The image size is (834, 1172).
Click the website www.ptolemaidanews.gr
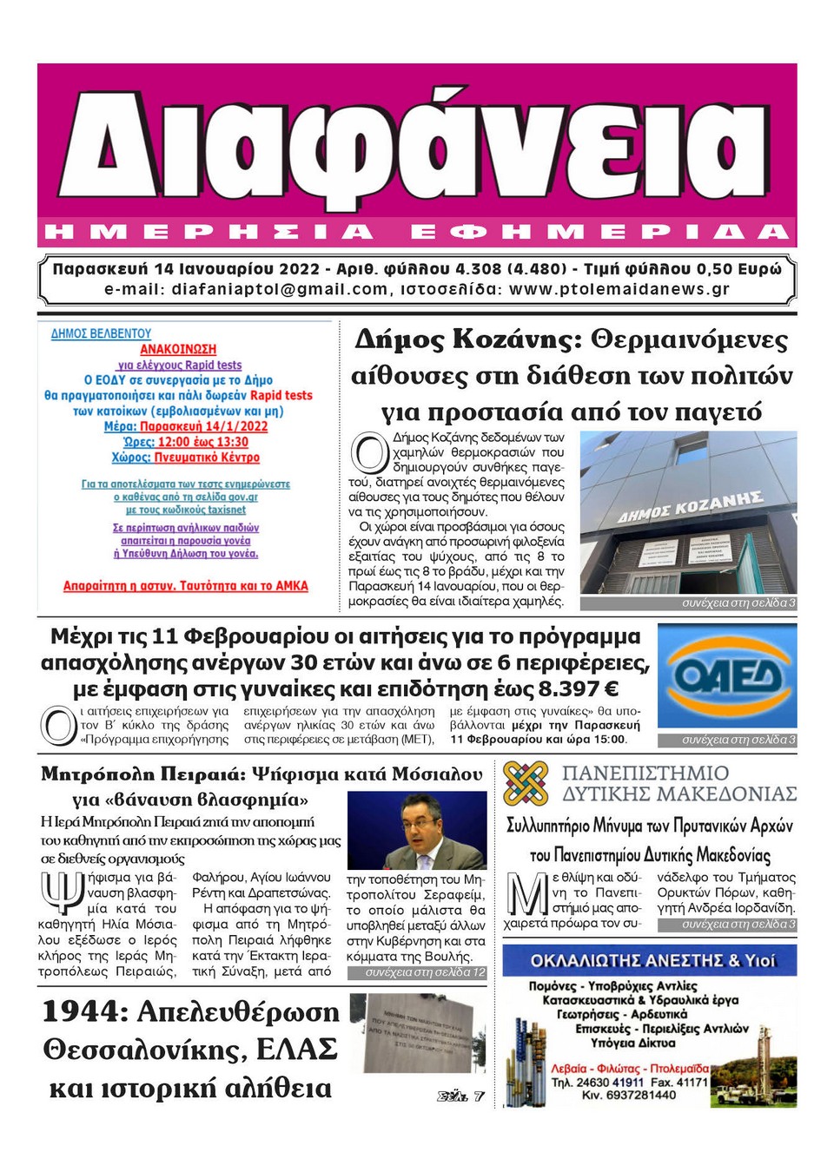tap(619, 289)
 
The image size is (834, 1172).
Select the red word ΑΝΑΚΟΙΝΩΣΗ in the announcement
tap(178, 349)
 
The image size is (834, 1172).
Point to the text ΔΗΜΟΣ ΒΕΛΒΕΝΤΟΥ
tap(101, 333)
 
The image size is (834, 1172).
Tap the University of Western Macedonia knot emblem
tap(526, 782)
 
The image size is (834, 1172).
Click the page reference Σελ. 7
tap(460, 1096)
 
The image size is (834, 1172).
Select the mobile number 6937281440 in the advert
tap(635, 1096)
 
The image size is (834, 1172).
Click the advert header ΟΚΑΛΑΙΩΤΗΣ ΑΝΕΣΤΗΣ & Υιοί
tap(652, 961)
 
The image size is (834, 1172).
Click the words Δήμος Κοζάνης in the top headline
tap(467, 339)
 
